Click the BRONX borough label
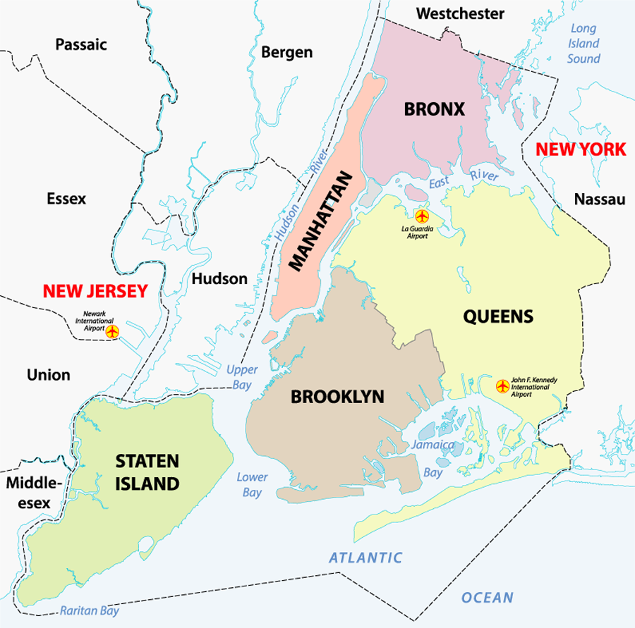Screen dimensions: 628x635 [434, 109]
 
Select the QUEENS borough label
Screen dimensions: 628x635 [498, 316]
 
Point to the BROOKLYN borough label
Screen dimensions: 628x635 [337, 397]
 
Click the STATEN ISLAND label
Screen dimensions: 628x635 [147, 472]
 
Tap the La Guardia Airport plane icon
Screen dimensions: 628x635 [422, 215]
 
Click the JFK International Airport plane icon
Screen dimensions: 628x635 [502, 386]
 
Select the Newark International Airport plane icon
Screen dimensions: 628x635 [111, 330]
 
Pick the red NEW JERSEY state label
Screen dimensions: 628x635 [95, 290]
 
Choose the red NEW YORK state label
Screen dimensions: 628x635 [580, 149]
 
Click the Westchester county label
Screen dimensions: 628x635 [460, 13]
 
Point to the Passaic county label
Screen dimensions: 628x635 [81, 44]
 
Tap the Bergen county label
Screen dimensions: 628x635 [286, 51]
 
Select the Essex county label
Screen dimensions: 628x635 [66, 199]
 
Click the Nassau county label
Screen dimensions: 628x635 [600, 199]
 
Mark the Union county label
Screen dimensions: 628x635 [49, 374]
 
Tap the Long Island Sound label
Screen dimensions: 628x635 [583, 44]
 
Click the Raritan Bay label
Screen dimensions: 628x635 [89, 611]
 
